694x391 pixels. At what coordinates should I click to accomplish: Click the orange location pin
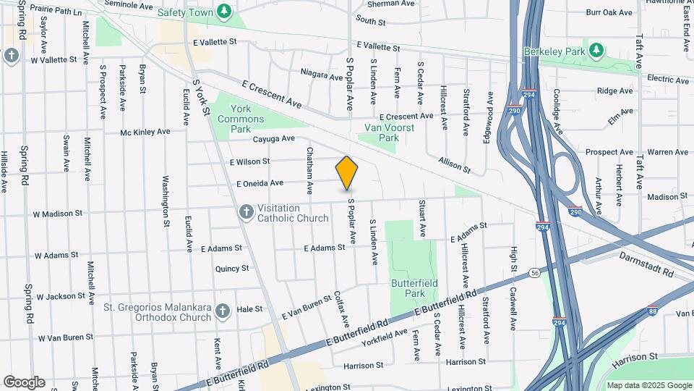point(347,172)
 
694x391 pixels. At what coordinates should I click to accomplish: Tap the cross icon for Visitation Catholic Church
point(246,211)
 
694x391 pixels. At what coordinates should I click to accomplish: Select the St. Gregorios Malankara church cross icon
point(223,311)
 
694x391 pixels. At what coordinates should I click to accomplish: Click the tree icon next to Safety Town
point(225,12)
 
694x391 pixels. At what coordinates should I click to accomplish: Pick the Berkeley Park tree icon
point(596,50)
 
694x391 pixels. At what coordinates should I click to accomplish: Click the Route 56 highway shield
point(534,272)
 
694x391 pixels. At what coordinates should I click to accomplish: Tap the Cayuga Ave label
point(274,138)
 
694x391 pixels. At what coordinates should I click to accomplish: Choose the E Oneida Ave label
point(260,184)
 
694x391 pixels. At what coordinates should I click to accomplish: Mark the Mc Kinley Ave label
point(145,132)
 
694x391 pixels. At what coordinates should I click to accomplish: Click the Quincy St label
point(232,268)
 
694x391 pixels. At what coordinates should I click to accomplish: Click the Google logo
point(24,382)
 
